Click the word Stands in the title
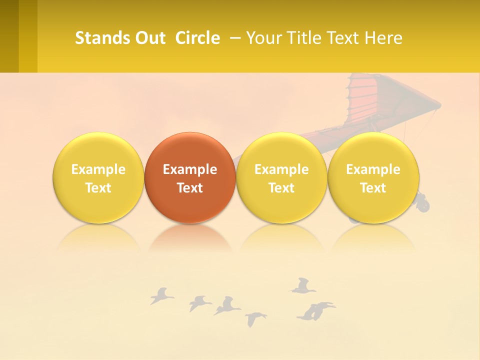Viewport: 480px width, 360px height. [98, 38]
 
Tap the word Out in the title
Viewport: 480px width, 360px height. [148, 38]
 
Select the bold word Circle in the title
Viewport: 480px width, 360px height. [197, 38]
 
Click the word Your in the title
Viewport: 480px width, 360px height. [263, 38]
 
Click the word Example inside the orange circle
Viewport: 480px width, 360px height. [190, 169]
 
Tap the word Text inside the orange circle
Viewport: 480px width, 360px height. [190, 188]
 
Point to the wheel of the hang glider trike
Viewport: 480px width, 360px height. [423, 203]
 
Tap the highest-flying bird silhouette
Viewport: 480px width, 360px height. [302, 285]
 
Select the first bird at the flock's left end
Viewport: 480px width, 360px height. [161, 296]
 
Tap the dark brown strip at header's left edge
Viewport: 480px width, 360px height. [9, 36]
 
